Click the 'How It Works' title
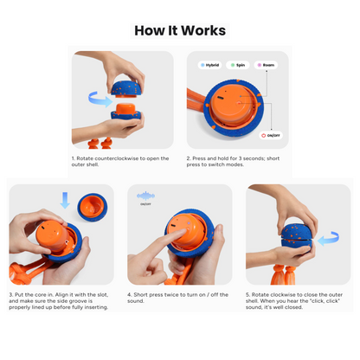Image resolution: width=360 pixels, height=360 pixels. click(180, 30)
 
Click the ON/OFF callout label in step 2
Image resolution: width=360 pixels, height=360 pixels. click(273, 135)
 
